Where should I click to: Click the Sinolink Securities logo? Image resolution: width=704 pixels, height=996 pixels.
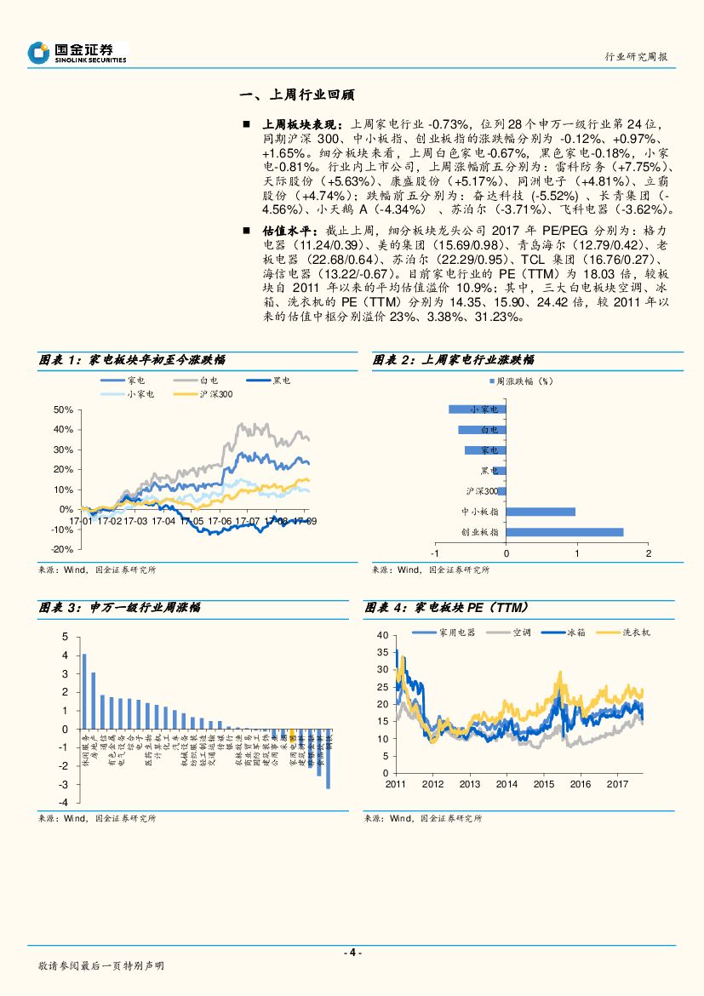[77, 53]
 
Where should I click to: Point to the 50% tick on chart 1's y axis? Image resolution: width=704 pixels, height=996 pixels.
[62, 409]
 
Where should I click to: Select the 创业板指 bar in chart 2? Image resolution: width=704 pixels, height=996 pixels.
[564, 532]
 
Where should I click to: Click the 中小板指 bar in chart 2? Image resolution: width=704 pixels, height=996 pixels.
[541, 512]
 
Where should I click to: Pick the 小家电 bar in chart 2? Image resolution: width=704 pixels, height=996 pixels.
[478, 409]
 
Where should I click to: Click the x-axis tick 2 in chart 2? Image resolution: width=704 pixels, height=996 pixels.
[648, 554]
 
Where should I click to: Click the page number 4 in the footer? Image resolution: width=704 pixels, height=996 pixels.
[352, 953]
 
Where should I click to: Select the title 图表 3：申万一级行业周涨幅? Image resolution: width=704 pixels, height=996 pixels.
[120, 608]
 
